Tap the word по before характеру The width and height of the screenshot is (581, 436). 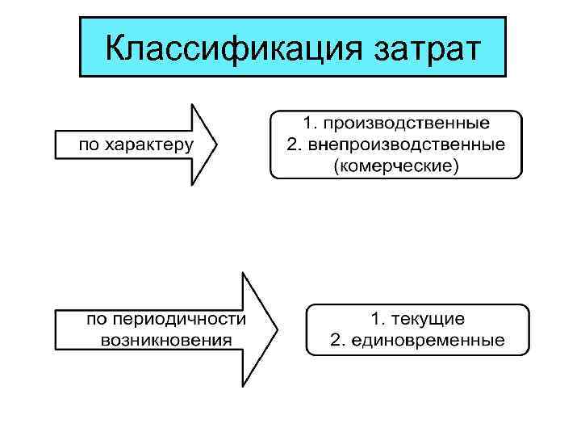(x=90, y=146)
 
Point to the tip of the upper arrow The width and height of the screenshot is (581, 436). (x=217, y=145)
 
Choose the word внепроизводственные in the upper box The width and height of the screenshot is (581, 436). (x=407, y=145)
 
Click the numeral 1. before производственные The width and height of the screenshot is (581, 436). (x=310, y=125)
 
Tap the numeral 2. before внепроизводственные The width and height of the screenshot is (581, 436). (x=293, y=145)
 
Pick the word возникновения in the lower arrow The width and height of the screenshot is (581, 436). (x=165, y=339)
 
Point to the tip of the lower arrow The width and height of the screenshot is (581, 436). (x=277, y=329)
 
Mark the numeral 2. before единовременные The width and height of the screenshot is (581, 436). (x=338, y=340)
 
